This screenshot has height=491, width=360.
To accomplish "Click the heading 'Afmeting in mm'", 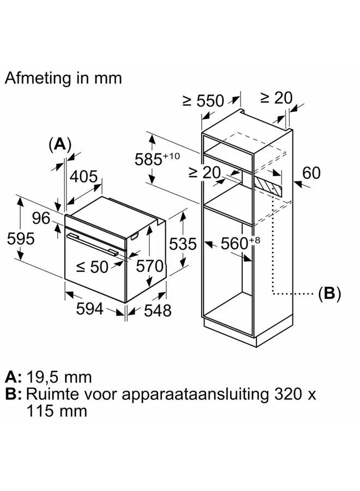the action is (x=63, y=78).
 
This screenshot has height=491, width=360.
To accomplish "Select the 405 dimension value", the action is (x=83, y=177).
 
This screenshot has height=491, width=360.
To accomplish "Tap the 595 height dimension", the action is (x=21, y=239).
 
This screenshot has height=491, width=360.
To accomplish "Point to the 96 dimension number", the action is (x=41, y=218).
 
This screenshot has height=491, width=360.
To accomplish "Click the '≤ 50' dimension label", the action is (x=92, y=267).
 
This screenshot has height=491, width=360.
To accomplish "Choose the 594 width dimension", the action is (x=90, y=309).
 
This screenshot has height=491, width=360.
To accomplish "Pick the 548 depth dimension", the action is (x=158, y=310).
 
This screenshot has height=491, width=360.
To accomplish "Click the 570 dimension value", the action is (x=150, y=266).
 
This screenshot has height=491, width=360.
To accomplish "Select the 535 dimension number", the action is (x=183, y=244).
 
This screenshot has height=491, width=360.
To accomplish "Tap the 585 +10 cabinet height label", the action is (x=157, y=159).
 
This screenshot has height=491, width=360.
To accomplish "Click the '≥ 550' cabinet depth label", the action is (x=203, y=101).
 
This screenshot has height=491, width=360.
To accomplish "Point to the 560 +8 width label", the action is (x=241, y=243).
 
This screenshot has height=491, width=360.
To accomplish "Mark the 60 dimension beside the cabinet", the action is (x=311, y=173).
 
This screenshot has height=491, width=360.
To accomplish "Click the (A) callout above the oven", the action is (x=60, y=145).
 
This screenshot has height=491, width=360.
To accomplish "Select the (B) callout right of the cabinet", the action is (x=329, y=294).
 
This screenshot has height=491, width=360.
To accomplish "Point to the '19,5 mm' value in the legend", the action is (x=59, y=377).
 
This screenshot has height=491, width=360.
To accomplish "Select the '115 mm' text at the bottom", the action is (x=57, y=411).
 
